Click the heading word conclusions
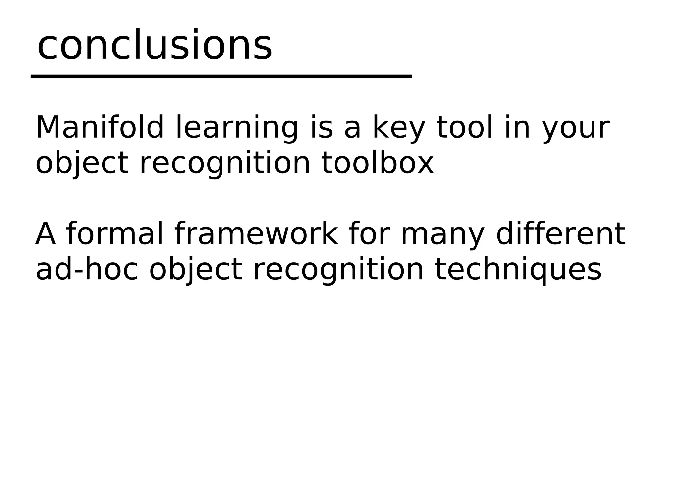click(x=154, y=45)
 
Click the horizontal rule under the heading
click(x=221, y=76)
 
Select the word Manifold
click(x=100, y=127)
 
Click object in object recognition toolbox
click(x=82, y=164)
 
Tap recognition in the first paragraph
click(x=225, y=164)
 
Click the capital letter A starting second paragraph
click(x=45, y=234)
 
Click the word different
click(x=560, y=234)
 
